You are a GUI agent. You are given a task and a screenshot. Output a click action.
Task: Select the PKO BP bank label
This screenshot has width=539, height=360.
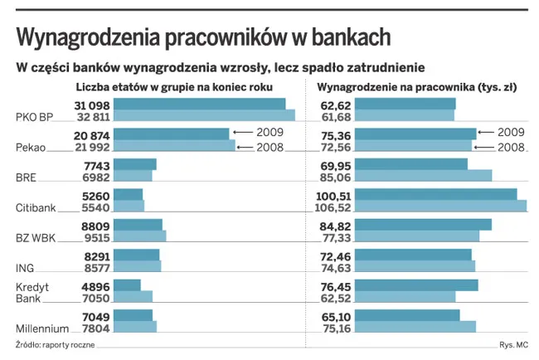click(35, 118)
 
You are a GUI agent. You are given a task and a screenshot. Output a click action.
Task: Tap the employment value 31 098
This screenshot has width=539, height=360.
click(92, 105)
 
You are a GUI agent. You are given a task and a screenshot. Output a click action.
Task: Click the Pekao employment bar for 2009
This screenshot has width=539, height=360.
click(171, 134)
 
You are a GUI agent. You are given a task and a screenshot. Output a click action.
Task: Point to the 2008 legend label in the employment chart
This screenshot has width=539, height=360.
click(270, 148)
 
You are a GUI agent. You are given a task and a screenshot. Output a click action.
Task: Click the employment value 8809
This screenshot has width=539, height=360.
click(95, 225)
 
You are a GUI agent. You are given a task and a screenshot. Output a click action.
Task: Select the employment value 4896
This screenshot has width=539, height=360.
click(95, 285)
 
